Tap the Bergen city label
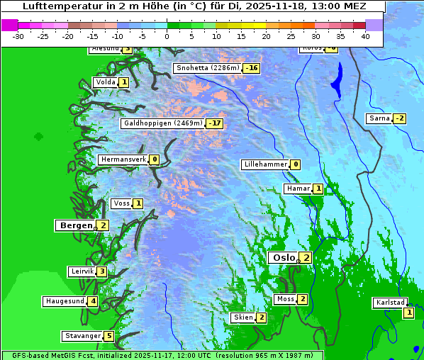[x=75, y=225]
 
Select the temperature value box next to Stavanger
[x=108, y=336]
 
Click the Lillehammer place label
[x=265, y=164]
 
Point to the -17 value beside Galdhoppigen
[x=215, y=123]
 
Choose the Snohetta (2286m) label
[x=208, y=68]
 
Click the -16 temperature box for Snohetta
[x=252, y=68]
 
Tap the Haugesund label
[x=65, y=301]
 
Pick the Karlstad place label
[x=391, y=303]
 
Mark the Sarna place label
[x=379, y=118]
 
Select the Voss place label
[x=121, y=203]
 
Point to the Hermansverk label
[x=123, y=159]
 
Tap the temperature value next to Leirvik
[x=102, y=271]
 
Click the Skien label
[x=243, y=317]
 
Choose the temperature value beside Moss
[x=303, y=299]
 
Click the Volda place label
[x=105, y=82]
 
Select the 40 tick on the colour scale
[x=365, y=36]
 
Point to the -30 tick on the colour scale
[x=18, y=36]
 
